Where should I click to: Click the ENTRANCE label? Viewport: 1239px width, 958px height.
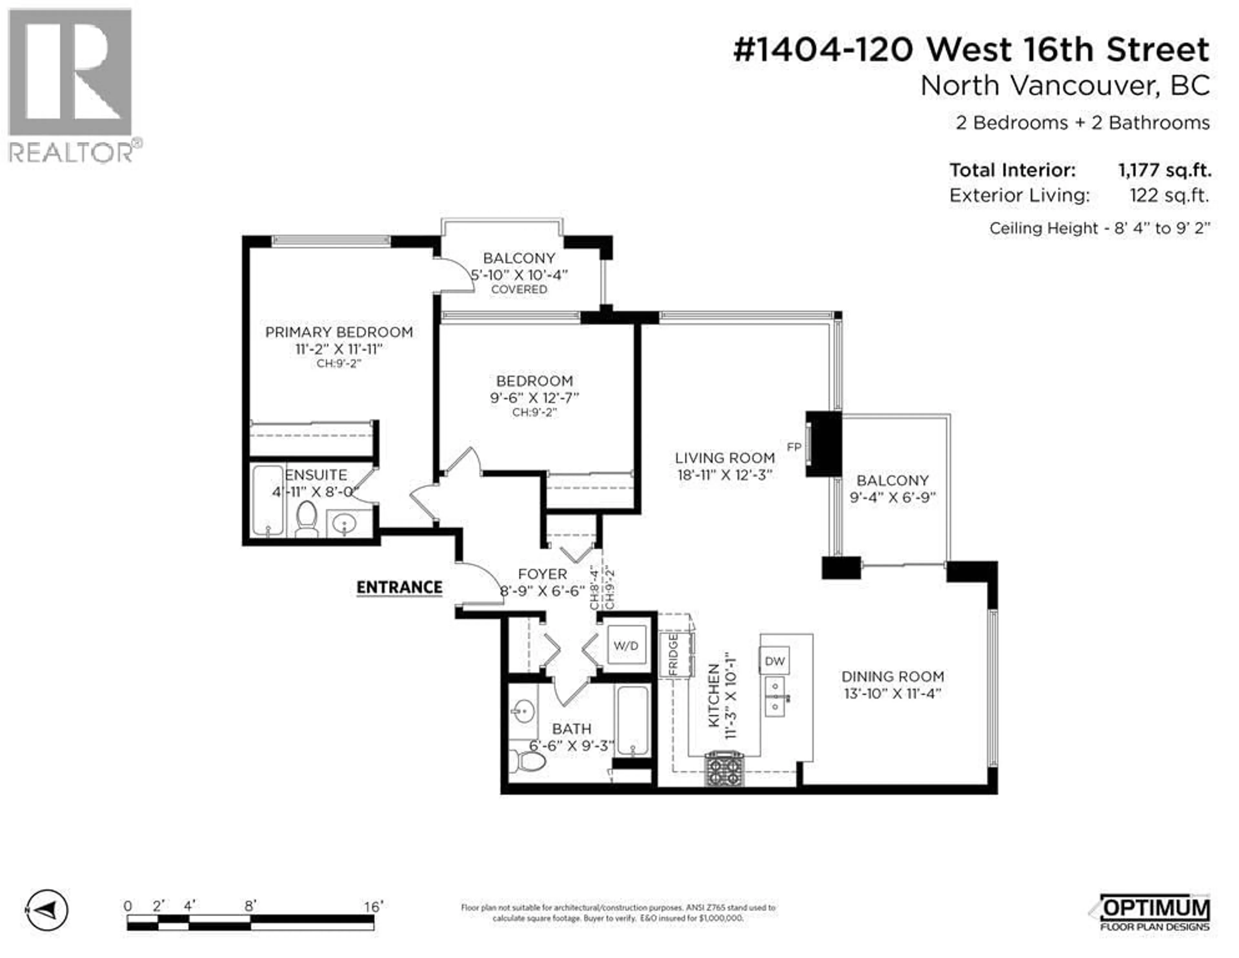[399, 588]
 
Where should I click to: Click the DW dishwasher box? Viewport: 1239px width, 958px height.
[774, 661]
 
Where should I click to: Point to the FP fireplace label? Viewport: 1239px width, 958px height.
[794, 447]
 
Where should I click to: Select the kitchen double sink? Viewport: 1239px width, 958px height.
[775, 696]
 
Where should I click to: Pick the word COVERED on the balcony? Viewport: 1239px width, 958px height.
[519, 290]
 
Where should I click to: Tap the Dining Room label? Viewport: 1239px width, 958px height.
[892, 677]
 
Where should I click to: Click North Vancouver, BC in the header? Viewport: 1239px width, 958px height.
[1065, 86]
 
